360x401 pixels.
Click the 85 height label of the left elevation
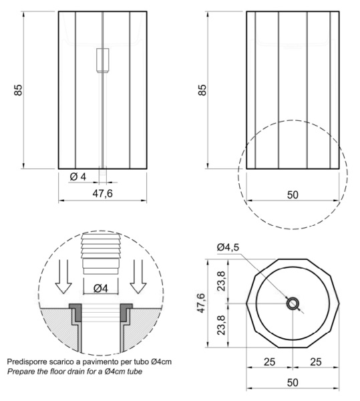18,90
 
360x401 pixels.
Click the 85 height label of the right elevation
202,90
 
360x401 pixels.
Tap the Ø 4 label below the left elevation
78,176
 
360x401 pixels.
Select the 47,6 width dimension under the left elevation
102,194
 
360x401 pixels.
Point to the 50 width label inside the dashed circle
293,195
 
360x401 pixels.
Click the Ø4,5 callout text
228,247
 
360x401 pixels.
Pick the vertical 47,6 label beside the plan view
200,303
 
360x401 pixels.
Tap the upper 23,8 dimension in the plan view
221,281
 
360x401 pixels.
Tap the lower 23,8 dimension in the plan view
221,325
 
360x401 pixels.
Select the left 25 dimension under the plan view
269,362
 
